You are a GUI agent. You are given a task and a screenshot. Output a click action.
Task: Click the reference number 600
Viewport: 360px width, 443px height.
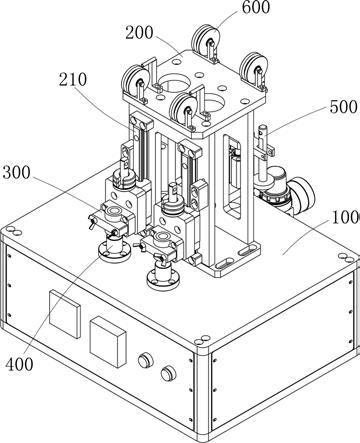pos(256,8)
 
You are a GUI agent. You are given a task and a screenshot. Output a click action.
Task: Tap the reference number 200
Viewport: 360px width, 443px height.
pos(139,33)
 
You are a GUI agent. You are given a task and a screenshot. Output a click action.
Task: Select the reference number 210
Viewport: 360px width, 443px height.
pos(73,80)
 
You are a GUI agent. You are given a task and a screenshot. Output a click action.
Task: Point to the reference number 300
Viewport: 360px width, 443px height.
pos(16,173)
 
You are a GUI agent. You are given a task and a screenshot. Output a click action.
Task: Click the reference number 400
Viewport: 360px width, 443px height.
pos(19,364)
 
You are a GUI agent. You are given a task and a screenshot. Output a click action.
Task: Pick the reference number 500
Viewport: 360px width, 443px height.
pos(343,107)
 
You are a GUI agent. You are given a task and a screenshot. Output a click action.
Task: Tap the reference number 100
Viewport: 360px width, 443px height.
pos(346,217)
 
